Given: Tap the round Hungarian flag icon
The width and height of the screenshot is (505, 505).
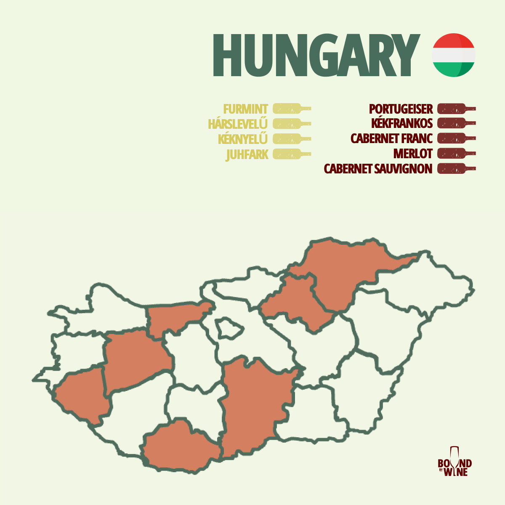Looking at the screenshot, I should (x=454, y=55).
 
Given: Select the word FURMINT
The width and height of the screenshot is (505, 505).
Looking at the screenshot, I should (x=245, y=109).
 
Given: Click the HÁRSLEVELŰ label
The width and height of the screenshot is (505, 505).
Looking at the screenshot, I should (x=238, y=124).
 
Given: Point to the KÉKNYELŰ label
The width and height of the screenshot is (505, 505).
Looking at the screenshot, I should (x=243, y=139).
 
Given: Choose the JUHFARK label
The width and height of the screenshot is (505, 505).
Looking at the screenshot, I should (x=247, y=154).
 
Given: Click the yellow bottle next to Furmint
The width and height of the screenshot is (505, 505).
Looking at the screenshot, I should (x=291, y=109).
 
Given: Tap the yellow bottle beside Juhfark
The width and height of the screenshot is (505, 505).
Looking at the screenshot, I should (x=291, y=154).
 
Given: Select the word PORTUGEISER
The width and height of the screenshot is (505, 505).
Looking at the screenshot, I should (x=401, y=109).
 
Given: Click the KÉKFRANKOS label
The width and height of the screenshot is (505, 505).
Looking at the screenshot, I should (x=402, y=123).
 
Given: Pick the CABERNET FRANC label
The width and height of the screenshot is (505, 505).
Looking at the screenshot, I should (x=391, y=138).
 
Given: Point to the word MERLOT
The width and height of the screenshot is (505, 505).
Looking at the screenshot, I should (x=413, y=154).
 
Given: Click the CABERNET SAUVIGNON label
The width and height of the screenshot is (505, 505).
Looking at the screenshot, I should (x=378, y=169).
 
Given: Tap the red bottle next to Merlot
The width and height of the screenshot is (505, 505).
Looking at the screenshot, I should (x=456, y=153).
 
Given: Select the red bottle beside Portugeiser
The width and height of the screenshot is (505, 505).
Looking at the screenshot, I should (x=456, y=109).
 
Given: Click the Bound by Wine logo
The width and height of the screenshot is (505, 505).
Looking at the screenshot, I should (x=454, y=463).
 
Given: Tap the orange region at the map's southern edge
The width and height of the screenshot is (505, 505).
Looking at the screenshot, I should (x=179, y=446).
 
